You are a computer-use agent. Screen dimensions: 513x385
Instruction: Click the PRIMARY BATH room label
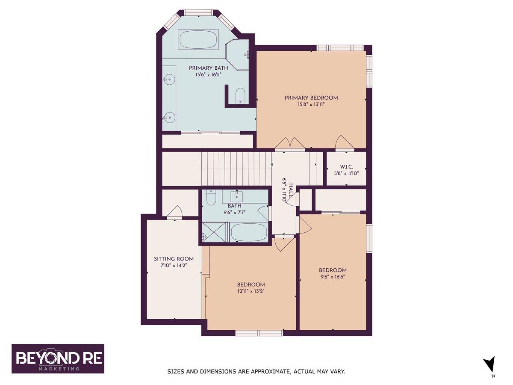pos(208,68)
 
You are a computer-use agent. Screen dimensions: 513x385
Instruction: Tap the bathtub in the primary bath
pos(198,39)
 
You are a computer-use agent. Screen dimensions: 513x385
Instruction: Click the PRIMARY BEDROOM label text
pos(311,98)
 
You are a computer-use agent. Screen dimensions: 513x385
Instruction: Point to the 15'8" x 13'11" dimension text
pos(311,104)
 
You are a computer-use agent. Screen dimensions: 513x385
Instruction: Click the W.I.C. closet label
pos(346,167)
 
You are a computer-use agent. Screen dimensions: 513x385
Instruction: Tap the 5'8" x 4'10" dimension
pos(346,173)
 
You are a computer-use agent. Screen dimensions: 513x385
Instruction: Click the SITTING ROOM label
pos(174,259)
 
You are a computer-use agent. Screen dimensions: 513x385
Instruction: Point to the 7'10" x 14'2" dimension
pos(174,266)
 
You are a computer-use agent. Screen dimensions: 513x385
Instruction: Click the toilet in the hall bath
pos(211,198)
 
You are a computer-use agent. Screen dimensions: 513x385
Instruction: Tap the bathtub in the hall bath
pos(249,233)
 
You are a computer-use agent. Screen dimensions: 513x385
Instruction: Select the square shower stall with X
pos(214,232)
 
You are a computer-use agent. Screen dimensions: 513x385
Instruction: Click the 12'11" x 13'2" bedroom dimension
pos(251,291)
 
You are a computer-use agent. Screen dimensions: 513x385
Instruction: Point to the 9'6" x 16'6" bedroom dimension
pos(333,277)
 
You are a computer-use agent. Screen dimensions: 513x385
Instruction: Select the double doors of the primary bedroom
pos(290,143)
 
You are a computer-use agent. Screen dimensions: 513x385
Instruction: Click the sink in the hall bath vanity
pos(236,196)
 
